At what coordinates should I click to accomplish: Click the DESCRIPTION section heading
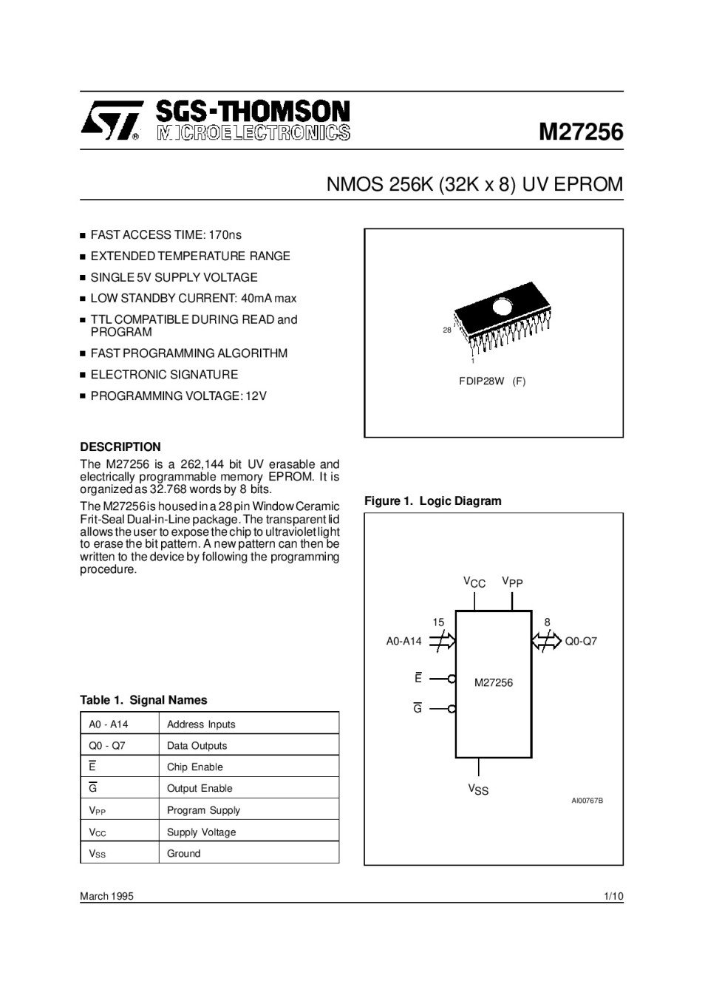[120, 447]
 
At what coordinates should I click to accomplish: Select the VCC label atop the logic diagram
[474, 583]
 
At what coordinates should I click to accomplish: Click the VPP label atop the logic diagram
[512, 583]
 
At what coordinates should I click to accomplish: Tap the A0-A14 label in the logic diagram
[403, 641]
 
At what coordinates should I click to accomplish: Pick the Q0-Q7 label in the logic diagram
[581, 641]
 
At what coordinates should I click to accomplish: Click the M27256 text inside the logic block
[493, 682]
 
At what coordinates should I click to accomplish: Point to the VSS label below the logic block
[478, 790]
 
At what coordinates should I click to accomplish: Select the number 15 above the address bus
[438, 622]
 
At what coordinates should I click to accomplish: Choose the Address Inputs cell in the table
[201, 724]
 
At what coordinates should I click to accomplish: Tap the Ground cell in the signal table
[183, 853]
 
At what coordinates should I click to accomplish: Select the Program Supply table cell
[203, 810]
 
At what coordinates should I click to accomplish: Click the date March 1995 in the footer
[106, 896]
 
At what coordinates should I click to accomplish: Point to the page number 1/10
[613, 896]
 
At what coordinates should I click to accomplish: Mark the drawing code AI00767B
[587, 801]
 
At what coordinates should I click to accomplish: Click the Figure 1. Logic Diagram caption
[432, 500]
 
